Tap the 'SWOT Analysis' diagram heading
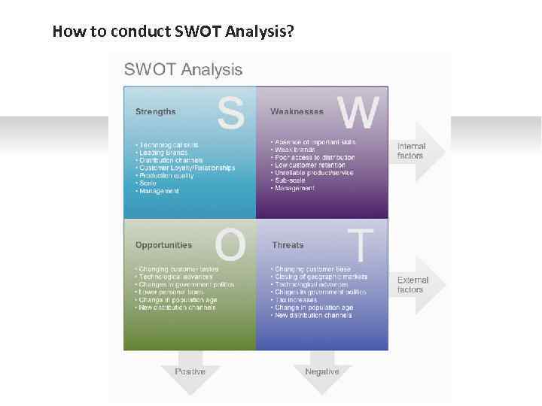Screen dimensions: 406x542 [183, 70]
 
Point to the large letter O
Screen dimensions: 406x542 [230, 244]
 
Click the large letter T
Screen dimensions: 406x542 [362, 244]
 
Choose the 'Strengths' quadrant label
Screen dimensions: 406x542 [155, 112]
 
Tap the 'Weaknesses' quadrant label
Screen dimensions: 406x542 [297, 112]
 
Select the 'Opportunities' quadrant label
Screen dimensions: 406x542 [163, 245]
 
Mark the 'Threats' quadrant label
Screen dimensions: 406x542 [288, 245]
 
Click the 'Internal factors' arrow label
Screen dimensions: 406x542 [411, 151]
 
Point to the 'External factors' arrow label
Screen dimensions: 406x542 [413, 285]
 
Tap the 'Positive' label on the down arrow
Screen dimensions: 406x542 [190, 371]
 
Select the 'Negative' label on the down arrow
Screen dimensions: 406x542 [321, 371]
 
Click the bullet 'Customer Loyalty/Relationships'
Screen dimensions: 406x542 [187, 168]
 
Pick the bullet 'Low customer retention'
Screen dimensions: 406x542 [315, 165]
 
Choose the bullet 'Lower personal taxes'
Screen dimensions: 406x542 [173, 292]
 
